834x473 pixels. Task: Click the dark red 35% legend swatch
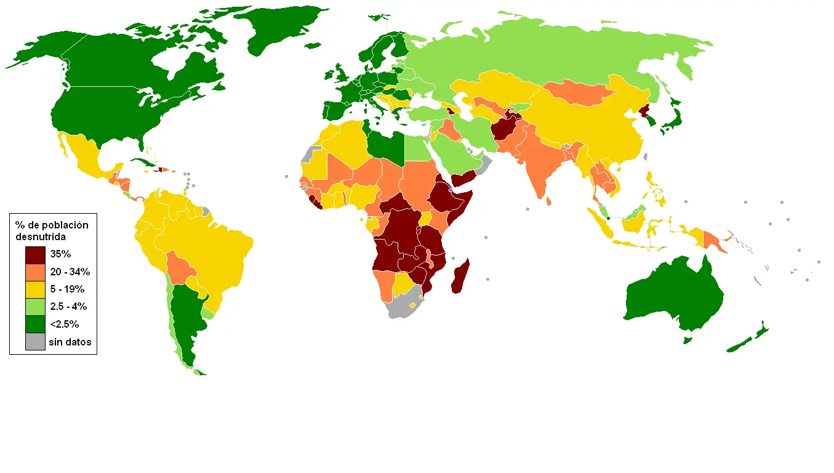point(35,254)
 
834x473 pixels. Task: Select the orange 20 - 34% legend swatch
point(35,272)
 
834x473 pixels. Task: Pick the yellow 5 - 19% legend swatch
point(35,289)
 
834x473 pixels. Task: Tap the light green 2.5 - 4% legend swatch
point(35,307)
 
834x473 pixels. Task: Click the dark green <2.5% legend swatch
point(35,324)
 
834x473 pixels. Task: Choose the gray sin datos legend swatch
point(35,341)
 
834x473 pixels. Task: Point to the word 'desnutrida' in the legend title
point(41,236)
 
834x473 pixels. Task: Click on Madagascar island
point(460,277)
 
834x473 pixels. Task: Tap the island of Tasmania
point(688,340)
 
